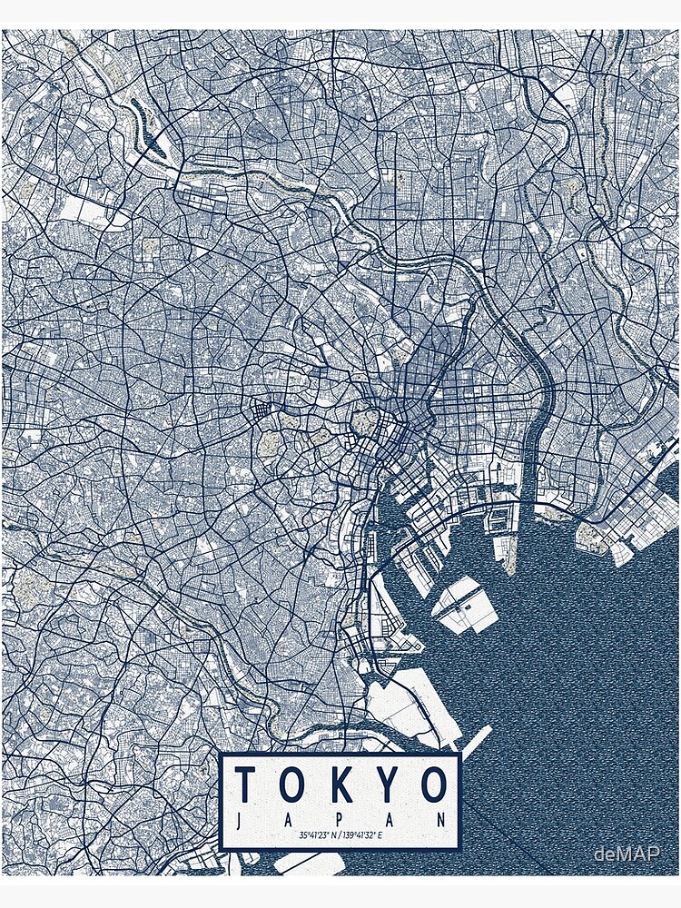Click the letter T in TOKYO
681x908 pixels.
245,785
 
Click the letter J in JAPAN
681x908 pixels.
239,819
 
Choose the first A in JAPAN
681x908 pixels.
290,819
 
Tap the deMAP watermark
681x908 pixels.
627,854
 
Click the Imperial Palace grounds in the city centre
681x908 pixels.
368,419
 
